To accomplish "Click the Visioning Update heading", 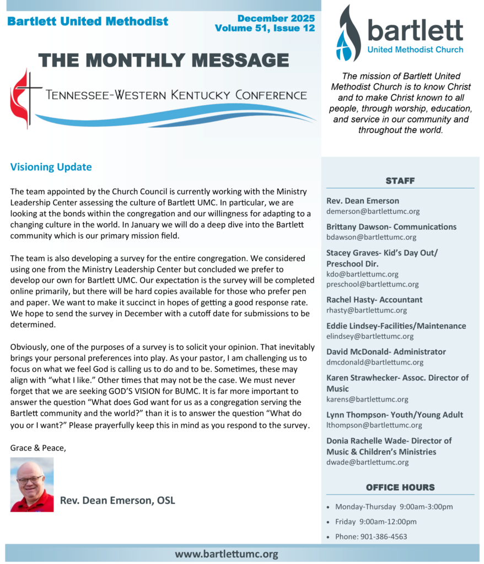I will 51,167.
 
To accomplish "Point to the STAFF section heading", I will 400,181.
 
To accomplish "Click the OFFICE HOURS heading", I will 400,487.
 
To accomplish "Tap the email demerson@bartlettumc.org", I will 373,211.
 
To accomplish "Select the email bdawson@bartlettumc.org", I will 371,237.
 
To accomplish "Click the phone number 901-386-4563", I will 384,536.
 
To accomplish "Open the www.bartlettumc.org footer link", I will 227,554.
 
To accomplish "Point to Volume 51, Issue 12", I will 265,28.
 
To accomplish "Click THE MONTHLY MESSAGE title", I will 163,60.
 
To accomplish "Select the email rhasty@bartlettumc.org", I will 367,310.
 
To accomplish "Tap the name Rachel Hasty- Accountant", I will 374,300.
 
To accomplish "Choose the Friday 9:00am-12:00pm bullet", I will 375,522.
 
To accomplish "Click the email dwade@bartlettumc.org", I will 367,462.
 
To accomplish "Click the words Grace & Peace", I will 37,447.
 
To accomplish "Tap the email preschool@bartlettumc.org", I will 372,284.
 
